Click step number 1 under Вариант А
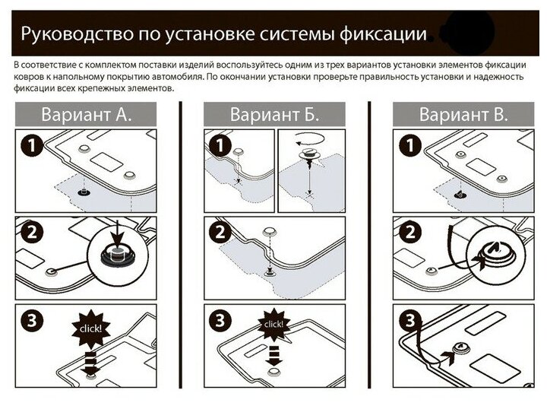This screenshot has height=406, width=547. [x=30, y=144]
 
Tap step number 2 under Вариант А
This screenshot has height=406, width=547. [x=30, y=233]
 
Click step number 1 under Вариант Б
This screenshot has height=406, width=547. [x=220, y=144]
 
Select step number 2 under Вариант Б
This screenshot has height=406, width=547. [x=220, y=233]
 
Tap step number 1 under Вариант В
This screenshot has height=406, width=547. [x=409, y=144]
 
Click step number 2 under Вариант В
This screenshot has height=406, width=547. [x=409, y=233]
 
